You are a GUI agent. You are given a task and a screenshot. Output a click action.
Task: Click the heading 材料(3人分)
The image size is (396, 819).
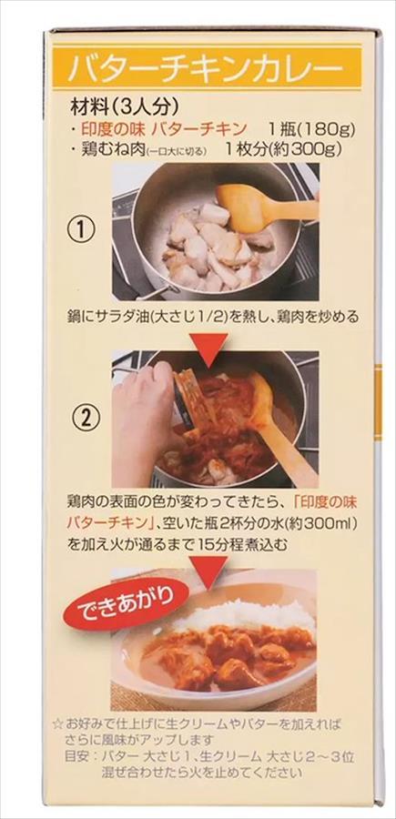click(125, 107)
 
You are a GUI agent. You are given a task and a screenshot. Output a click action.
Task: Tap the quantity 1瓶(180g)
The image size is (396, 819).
click(310, 129)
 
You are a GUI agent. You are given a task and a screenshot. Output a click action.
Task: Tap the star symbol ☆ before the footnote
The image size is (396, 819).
click(58, 725)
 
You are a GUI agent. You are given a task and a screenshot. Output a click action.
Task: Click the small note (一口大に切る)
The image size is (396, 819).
click(177, 151)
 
